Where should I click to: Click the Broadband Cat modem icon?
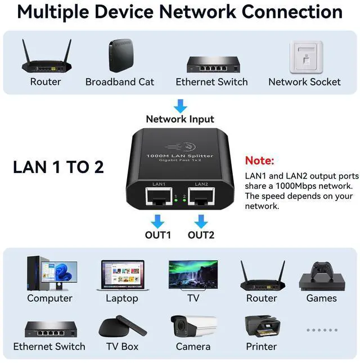(x=119, y=56)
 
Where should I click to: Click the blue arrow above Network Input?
(x=180, y=105)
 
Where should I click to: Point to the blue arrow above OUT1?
(x=158, y=221)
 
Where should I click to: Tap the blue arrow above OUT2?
(x=201, y=221)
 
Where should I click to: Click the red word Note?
(x=259, y=161)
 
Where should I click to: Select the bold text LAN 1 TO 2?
(x=58, y=167)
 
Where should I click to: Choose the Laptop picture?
(x=122, y=275)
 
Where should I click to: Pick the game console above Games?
(x=321, y=275)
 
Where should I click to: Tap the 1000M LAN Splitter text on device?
(x=179, y=155)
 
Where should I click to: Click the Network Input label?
(x=180, y=119)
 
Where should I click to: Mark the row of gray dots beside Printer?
(x=321, y=330)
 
